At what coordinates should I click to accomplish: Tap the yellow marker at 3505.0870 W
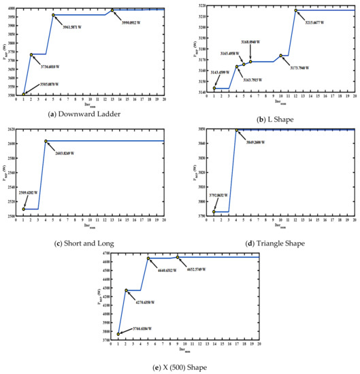(24, 94)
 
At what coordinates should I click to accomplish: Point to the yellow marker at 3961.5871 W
(53, 14)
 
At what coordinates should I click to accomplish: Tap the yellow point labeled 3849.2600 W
(237, 130)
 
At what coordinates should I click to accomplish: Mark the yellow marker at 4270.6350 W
(126, 290)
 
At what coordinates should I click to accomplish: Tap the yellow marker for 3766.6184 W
(118, 334)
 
